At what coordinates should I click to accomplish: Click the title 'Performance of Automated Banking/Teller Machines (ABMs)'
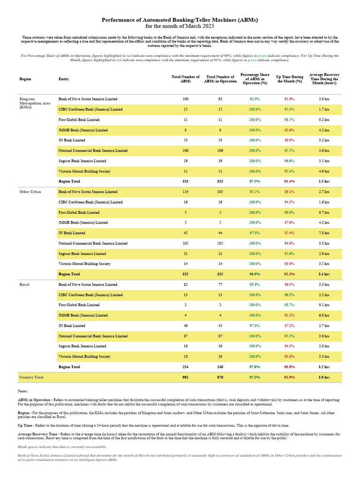(x=180, y=20)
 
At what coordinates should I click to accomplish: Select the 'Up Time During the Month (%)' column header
(x=289, y=79)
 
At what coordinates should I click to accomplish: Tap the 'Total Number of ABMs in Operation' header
(x=220, y=79)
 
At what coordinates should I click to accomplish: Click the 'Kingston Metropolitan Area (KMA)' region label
(x=33, y=103)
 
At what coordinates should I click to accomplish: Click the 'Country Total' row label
(x=31, y=377)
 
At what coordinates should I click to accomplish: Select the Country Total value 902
(x=186, y=377)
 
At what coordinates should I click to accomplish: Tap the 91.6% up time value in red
(x=289, y=99)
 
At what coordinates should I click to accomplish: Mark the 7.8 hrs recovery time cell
(x=323, y=233)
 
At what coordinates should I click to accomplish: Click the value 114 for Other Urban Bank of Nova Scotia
(x=186, y=192)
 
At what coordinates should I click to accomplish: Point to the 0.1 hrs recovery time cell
(x=323, y=305)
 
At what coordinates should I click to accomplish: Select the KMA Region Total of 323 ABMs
(x=186, y=181)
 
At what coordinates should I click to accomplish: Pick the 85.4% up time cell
(x=289, y=233)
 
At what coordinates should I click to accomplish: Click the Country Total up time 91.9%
(x=289, y=377)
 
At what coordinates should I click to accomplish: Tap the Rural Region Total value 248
(x=220, y=367)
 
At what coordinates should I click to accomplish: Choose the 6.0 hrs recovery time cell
(x=323, y=315)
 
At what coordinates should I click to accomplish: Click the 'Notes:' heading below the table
(x=23, y=391)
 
